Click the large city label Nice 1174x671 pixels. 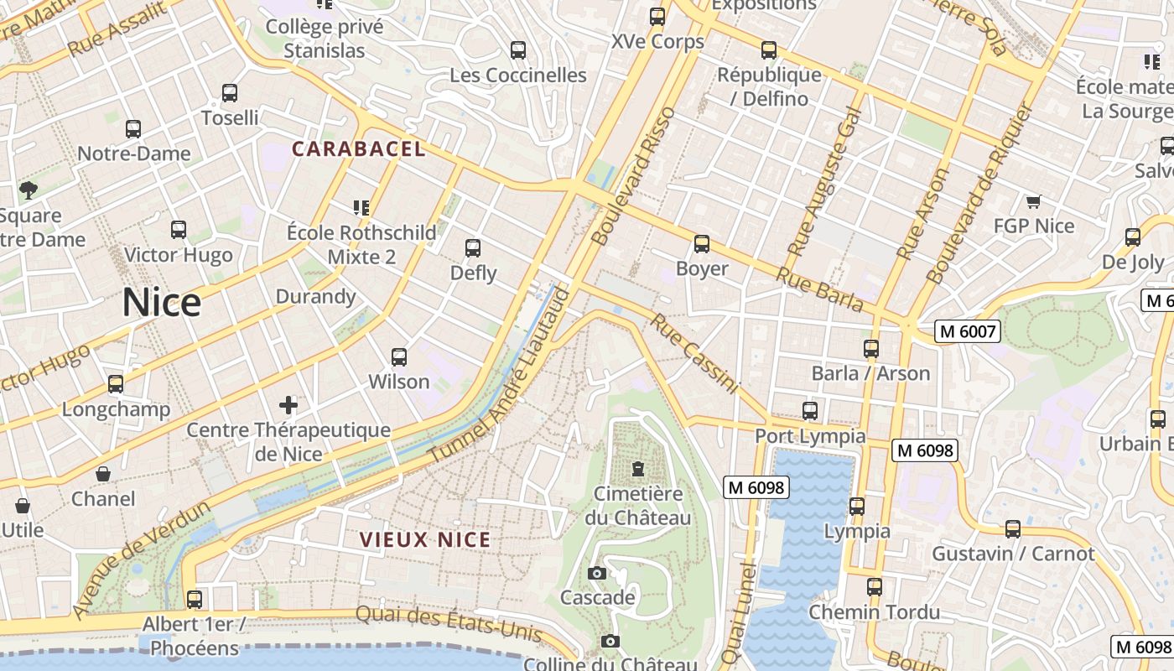click(161, 302)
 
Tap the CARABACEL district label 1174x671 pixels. click(359, 149)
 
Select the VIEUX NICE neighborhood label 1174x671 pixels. click(425, 539)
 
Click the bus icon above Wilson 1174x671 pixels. click(399, 357)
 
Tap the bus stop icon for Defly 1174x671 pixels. click(473, 248)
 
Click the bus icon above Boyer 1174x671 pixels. click(702, 244)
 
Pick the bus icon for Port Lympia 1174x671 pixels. click(810, 411)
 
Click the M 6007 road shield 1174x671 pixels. click(969, 331)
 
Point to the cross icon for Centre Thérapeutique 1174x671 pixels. click(288, 406)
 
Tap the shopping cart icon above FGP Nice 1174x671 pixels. click(1033, 201)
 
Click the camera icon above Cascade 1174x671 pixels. click(597, 574)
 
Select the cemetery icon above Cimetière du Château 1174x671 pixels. click(638, 468)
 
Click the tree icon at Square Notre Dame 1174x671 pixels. click(29, 190)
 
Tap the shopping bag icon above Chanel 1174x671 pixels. click(103, 475)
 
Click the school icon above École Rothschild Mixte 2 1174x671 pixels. click(361, 207)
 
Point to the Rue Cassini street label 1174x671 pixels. click(695, 353)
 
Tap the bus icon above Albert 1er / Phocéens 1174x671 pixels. click(195, 600)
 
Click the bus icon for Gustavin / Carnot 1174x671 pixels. click(1013, 529)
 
